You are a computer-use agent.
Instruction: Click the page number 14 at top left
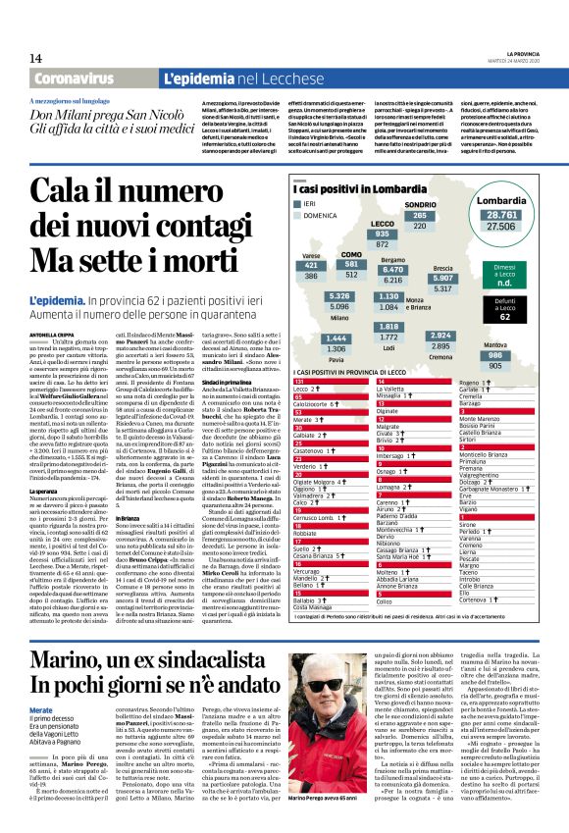35,59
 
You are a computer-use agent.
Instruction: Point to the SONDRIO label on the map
420,205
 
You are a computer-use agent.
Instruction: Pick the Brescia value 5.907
443,279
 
